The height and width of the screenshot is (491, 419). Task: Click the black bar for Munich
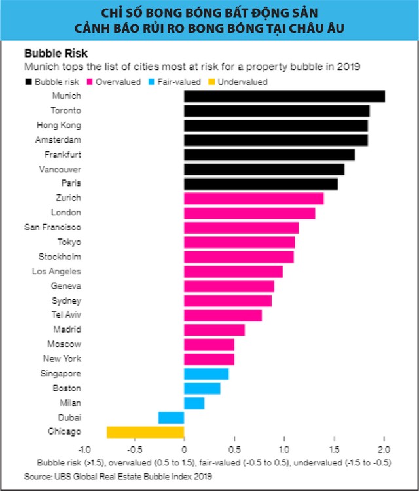[284, 96]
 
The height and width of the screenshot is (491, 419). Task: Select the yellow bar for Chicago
[145, 432]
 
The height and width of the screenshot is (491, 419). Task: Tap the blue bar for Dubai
[172, 417]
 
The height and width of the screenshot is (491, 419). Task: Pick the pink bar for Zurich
[254, 198]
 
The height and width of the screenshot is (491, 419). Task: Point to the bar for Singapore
[206, 374]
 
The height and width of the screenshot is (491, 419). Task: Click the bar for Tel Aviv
[223, 316]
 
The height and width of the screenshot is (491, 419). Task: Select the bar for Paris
[261, 184]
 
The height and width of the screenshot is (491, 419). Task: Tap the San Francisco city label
[53, 227]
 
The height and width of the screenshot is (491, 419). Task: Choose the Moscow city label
[64, 344]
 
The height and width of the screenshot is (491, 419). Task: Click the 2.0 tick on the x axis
[384, 450]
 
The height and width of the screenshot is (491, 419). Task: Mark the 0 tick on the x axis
[184, 450]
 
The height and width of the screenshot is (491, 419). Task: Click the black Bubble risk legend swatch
[28, 82]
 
